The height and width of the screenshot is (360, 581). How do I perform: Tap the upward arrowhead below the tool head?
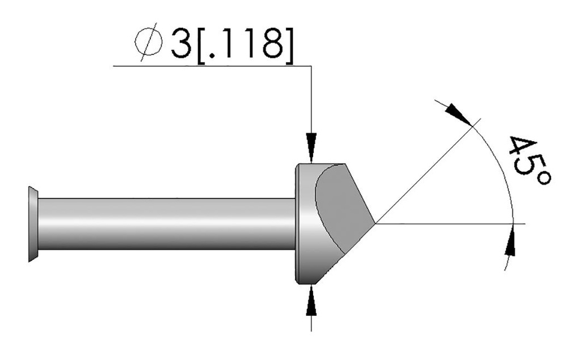pyautogui.click(x=311, y=299)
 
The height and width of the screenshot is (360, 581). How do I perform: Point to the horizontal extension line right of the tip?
pyautogui.click(x=454, y=223)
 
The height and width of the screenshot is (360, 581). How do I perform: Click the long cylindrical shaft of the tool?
pyautogui.click(x=165, y=224)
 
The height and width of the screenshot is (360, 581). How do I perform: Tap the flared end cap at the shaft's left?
pyautogui.click(x=33, y=224)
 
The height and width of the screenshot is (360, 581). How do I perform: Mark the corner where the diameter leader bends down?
pyautogui.click(x=311, y=66)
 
